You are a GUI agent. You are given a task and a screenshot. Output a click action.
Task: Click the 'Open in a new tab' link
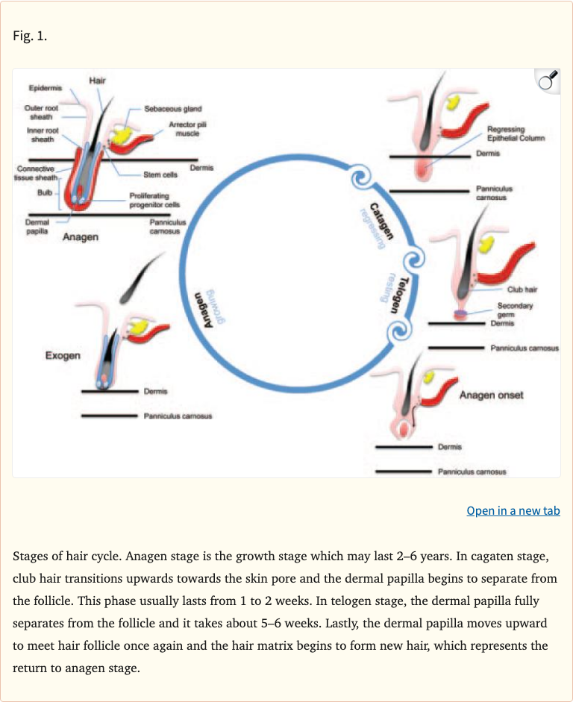coord(513,511)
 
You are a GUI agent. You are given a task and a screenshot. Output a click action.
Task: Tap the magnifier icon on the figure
coord(548,81)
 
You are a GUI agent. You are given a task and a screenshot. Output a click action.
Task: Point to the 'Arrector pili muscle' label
coord(181,128)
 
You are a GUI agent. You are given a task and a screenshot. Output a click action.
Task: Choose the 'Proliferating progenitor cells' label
coord(154,200)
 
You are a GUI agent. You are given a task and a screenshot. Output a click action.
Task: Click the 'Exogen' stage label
coord(63,355)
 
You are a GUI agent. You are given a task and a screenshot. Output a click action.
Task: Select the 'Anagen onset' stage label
coord(491,395)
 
